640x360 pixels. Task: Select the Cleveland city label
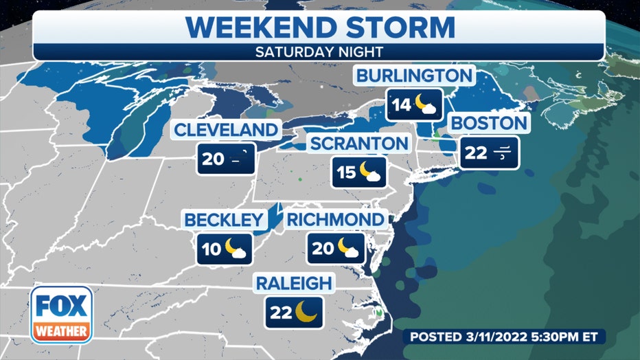point(226,130)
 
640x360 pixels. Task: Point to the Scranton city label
point(358,144)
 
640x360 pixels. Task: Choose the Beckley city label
point(223,221)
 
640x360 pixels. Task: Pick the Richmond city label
point(335,220)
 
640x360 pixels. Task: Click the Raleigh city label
point(294,282)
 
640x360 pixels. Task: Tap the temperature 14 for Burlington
point(401,105)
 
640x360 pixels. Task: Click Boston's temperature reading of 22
point(475,153)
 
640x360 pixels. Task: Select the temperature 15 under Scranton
point(347,172)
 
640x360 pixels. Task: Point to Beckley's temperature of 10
point(212,249)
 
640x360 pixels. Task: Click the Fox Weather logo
point(60,315)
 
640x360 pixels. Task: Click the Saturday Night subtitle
point(319,52)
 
